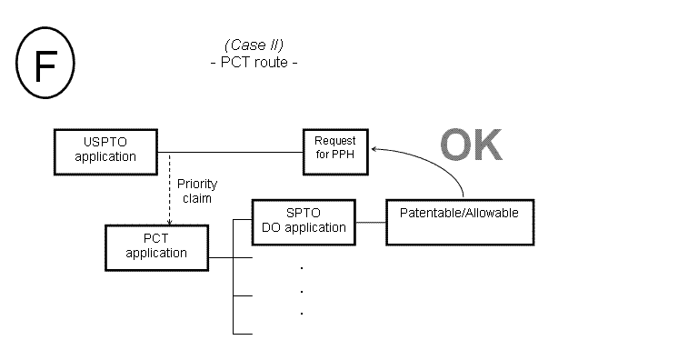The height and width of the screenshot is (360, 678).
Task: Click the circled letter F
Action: (x=45, y=66)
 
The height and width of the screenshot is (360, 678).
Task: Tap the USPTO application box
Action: (x=105, y=150)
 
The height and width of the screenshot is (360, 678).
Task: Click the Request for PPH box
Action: (x=335, y=147)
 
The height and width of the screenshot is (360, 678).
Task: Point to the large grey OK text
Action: (x=471, y=145)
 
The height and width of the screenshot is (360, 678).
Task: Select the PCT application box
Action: (x=156, y=246)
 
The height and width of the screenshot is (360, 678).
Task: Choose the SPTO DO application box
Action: (x=303, y=221)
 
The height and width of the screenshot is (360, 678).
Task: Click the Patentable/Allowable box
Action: (x=459, y=221)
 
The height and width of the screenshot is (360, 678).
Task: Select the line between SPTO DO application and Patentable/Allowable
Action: (x=370, y=222)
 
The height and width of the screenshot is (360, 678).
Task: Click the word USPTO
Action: (x=106, y=143)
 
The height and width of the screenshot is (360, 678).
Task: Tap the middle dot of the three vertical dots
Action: (x=301, y=291)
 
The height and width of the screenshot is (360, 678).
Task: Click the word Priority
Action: (x=197, y=184)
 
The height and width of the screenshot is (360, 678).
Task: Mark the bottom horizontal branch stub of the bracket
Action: (x=243, y=334)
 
